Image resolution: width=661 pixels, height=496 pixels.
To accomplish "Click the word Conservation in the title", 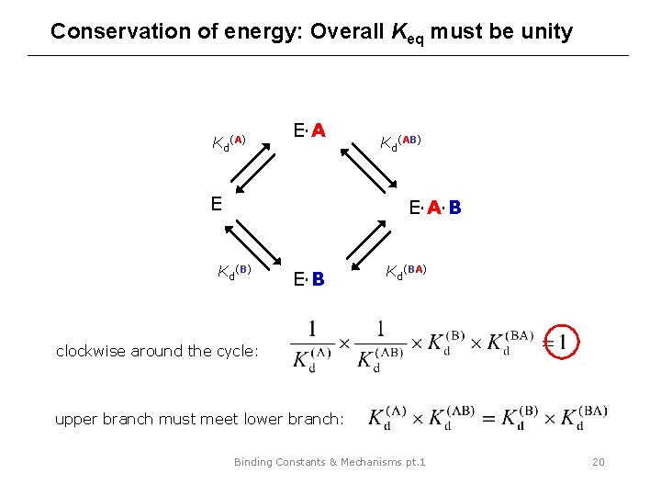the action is [110, 31].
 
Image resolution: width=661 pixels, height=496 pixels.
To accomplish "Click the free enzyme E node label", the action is [216, 203].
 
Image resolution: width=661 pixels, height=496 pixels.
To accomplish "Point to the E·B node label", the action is [308, 278].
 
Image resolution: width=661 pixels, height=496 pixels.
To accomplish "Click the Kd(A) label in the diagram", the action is [229, 142].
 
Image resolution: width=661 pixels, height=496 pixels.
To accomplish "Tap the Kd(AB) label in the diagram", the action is [400, 141].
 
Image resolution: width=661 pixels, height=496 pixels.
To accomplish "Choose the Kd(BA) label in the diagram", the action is [403, 271].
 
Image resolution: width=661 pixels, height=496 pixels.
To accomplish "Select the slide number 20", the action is [598, 462].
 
